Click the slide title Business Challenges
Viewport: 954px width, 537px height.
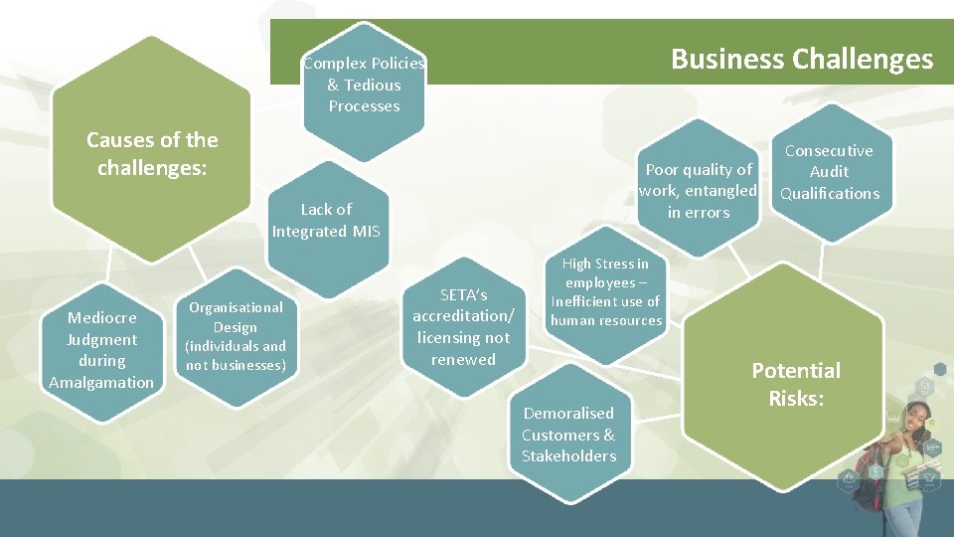[x=802, y=60]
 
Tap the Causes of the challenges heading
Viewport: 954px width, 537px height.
[x=152, y=153]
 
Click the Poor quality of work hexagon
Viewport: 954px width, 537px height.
[x=698, y=190]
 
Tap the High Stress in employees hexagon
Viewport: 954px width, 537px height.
[x=605, y=292]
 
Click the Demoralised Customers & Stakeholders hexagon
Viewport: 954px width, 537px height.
[x=568, y=435]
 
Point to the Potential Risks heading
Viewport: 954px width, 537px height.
[x=795, y=384]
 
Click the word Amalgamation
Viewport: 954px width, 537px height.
[x=101, y=382]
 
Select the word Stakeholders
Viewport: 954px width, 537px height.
[x=568, y=456]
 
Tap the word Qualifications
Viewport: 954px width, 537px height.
[x=829, y=194]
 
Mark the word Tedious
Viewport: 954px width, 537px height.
[x=373, y=86]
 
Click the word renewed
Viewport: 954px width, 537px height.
[x=463, y=359]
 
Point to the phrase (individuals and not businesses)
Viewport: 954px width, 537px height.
[x=236, y=355]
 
